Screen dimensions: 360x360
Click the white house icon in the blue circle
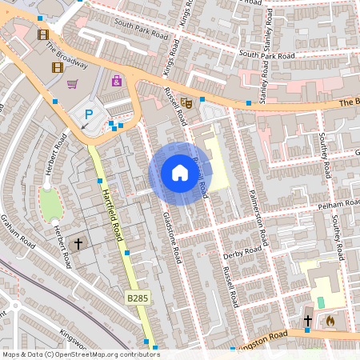click(179, 172)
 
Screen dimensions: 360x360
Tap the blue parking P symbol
click(89, 115)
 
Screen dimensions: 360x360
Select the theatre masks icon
click(186, 102)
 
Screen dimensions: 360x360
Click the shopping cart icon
click(73, 83)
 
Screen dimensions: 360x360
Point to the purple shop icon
click(117, 81)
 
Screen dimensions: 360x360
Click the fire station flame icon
click(330, 321)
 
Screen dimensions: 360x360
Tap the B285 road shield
click(137, 298)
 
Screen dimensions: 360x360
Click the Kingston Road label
click(261, 342)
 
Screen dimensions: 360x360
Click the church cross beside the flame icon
click(307, 321)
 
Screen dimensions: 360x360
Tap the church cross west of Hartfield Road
click(78, 243)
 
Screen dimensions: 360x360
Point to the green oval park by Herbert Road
click(50, 206)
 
